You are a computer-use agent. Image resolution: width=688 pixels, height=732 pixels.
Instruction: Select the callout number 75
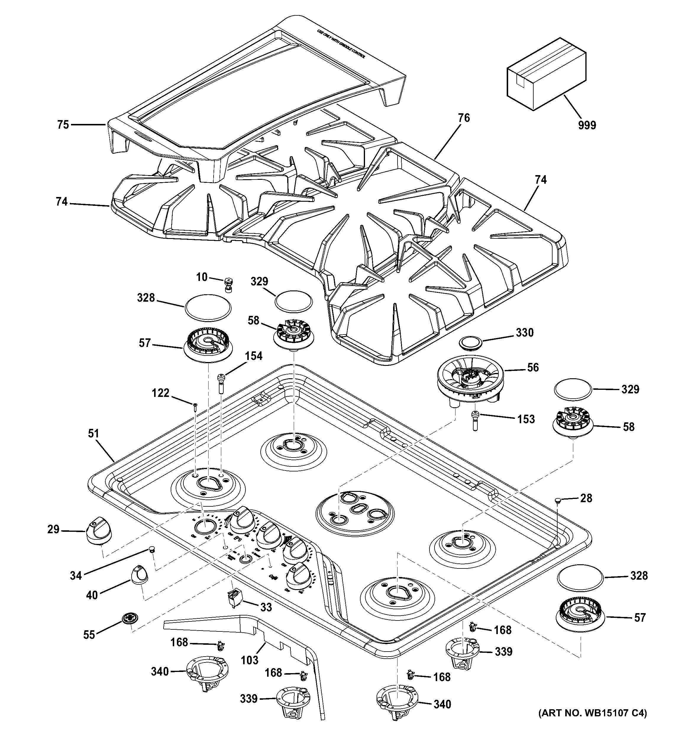point(63,125)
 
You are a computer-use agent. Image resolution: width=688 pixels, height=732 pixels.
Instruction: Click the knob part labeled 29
point(98,530)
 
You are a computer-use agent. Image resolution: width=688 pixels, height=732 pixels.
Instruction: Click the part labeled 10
point(228,285)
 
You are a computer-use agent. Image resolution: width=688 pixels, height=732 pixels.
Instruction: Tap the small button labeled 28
point(558,500)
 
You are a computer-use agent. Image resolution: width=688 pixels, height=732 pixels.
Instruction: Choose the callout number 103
point(250,660)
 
